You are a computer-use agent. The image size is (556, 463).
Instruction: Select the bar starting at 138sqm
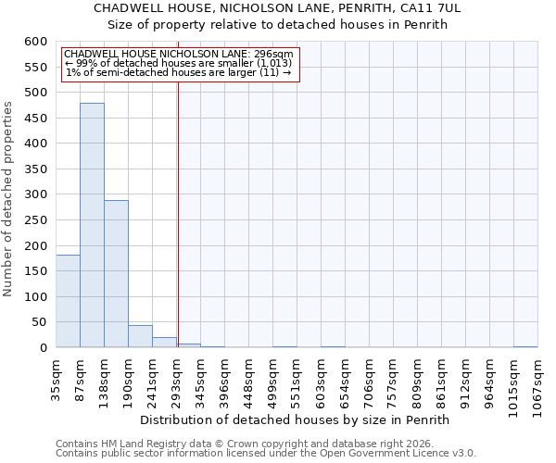pyautogui.click(x=116, y=274)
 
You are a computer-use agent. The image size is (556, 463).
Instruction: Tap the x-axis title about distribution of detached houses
pyautogui.click(x=297, y=419)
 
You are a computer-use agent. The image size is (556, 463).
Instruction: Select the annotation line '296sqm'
pyautogui.click(x=179, y=54)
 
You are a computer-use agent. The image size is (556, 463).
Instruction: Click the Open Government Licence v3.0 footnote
pyautogui.click(x=266, y=454)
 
